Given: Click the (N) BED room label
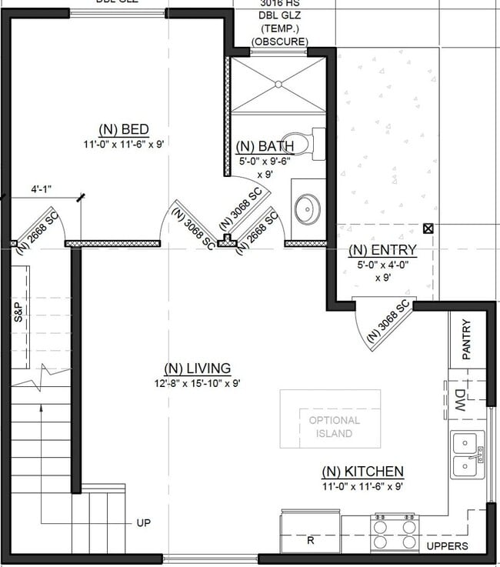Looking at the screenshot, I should [x=123, y=128].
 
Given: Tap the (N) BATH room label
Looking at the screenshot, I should [x=265, y=146].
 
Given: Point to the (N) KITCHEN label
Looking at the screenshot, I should [x=362, y=472].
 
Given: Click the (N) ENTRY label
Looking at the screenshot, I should [x=382, y=250].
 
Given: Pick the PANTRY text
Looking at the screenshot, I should [x=466, y=339].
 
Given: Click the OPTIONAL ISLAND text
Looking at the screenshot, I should [x=334, y=427].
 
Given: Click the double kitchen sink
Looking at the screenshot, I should [x=467, y=455].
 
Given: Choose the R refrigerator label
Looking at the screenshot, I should [x=311, y=540].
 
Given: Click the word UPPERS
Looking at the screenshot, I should [x=448, y=546].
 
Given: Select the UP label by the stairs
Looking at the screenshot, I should [x=143, y=523].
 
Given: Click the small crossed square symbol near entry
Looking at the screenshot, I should [x=428, y=228].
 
